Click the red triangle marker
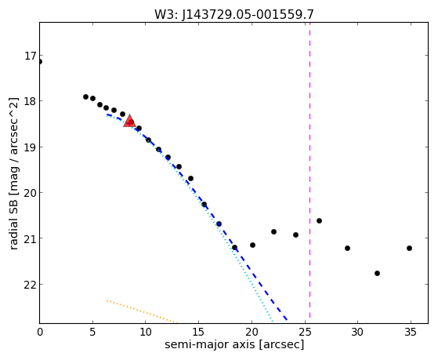[x=129, y=121]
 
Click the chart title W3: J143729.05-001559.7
[x=234, y=14]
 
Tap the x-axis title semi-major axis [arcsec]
[x=234, y=344]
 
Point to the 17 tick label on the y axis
[x=31, y=56]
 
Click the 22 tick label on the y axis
[x=31, y=285]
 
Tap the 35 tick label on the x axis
[x=411, y=332]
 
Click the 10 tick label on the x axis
[x=145, y=332]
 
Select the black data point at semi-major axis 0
[x=40, y=61]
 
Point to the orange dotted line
[x=142, y=311]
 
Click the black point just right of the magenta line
[x=319, y=220]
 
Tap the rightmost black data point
[x=409, y=248]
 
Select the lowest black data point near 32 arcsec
[x=377, y=273]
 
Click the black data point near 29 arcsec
[x=347, y=248]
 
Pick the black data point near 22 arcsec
[x=273, y=231]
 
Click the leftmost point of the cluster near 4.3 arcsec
[x=85, y=96]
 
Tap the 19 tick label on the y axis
[x=31, y=147]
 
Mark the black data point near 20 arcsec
[x=252, y=245]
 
